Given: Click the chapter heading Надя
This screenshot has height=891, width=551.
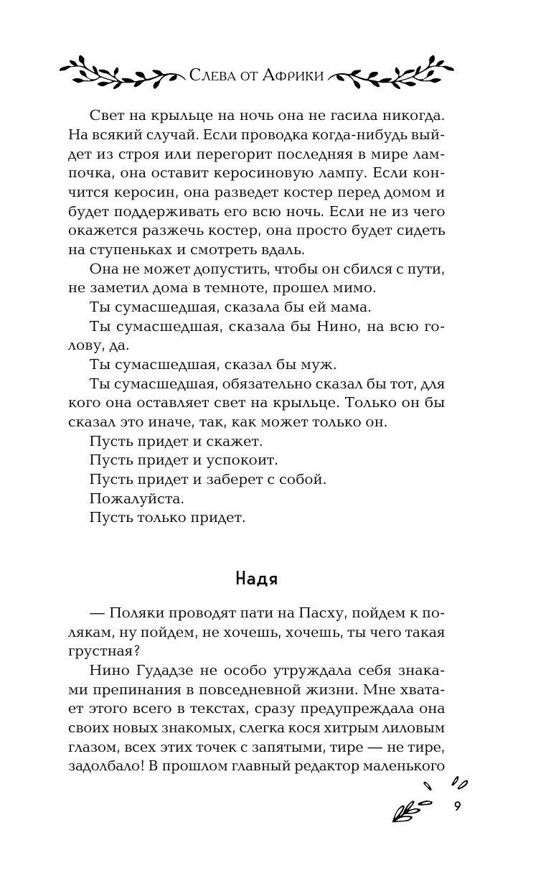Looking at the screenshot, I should (256, 579).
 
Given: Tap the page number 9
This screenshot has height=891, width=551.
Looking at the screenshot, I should (457, 806).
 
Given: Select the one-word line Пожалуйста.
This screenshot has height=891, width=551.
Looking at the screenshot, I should (137, 498).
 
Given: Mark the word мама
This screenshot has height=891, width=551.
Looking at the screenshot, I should (352, 307).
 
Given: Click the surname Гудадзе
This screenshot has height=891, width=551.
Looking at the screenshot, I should (177, 671).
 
